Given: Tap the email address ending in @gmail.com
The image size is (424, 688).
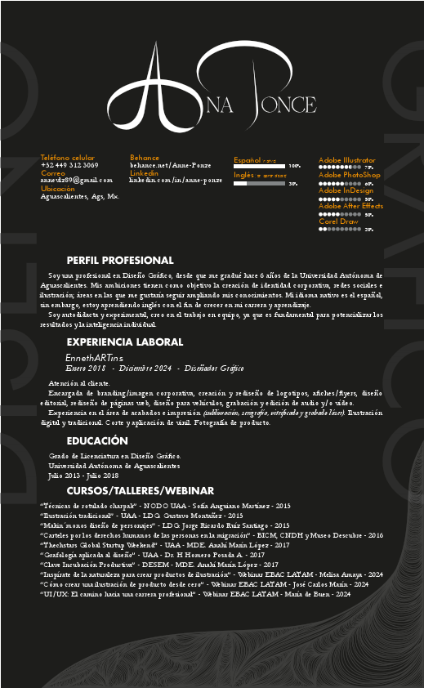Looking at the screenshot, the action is (x=76, y=180).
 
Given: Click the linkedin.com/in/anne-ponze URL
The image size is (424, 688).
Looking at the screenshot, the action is (x=176, y=179).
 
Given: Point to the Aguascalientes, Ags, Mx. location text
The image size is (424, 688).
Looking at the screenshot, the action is (x=79, y=197).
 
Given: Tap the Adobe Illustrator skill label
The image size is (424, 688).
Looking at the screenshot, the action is (x=346, y=160).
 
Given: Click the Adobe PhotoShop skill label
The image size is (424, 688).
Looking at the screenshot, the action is (x=349, y=175).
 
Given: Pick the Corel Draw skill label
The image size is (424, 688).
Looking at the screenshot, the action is (x=339, y=221).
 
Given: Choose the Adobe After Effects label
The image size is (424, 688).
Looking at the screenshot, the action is (x=350, y=207).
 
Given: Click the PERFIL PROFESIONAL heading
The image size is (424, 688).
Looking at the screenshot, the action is (x=120, y=260).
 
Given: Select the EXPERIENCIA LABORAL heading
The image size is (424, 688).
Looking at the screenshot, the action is (x=124, y=342).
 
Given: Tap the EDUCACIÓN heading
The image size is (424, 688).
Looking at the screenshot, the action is (x=97, y=440).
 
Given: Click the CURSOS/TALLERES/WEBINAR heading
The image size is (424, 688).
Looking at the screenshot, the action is (x=134, y=490).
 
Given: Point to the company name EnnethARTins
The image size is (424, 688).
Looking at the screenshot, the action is (x=94, y=358).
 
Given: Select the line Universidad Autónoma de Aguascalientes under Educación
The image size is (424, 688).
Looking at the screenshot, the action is (x=114, y=465).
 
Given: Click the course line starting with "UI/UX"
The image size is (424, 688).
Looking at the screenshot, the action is (x=195, y=594).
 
